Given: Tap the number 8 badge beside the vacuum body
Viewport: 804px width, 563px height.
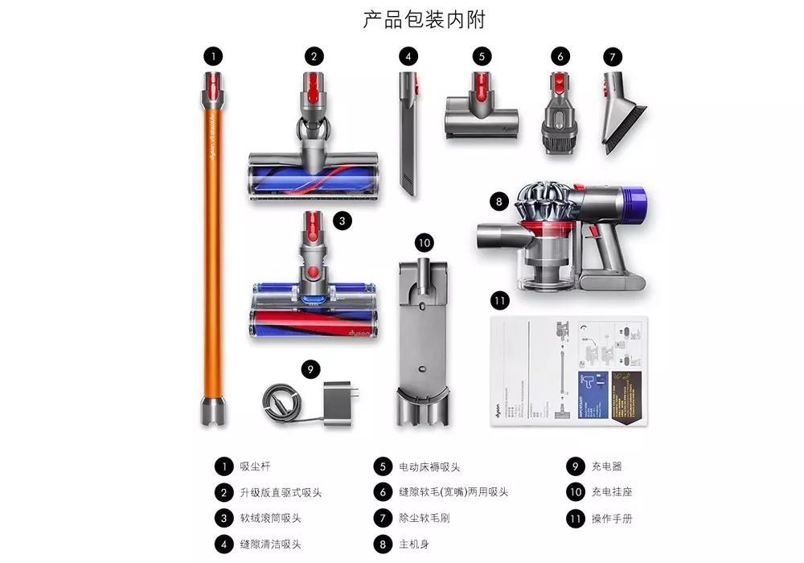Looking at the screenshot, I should [x=499, y=202].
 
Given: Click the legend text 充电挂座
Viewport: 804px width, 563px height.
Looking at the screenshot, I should [x=612, y=492].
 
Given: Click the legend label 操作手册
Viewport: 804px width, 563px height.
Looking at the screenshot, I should [x=612, y=519].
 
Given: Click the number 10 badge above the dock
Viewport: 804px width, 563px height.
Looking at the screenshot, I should [x=424, y=242].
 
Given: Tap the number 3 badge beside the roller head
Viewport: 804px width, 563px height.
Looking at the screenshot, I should [x=343, y=220].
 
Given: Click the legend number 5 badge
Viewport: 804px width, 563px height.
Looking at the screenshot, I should [x=382, y=466].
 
